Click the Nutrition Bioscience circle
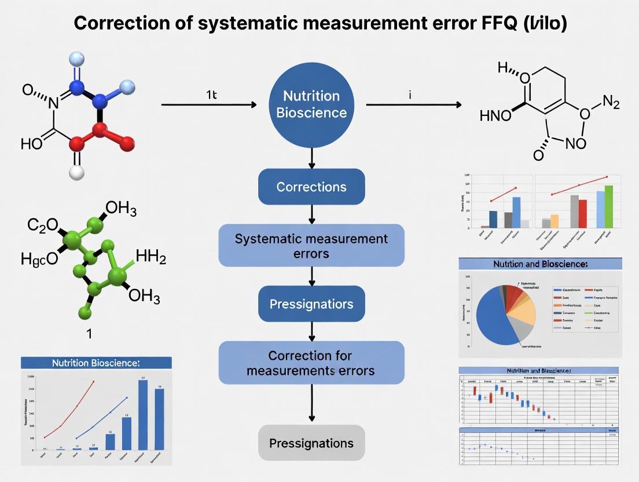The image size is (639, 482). click(311, 104)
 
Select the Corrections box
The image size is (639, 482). click(311, 187)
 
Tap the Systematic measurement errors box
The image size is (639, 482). click(311, 246)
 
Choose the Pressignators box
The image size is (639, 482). click(311, 304)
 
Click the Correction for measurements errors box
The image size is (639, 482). click(311, 363)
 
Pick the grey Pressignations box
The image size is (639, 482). click(311, 443)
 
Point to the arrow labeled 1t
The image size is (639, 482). click(208, 105)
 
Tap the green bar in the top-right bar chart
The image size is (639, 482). click(608, 206)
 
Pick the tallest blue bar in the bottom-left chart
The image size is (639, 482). click(142, 414)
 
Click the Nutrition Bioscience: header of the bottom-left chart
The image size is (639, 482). click(96, 363)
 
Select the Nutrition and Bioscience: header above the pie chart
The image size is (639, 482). click(540, 264)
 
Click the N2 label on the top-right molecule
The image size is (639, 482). click(611, 103)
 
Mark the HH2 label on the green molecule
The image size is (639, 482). click(150, 256)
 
